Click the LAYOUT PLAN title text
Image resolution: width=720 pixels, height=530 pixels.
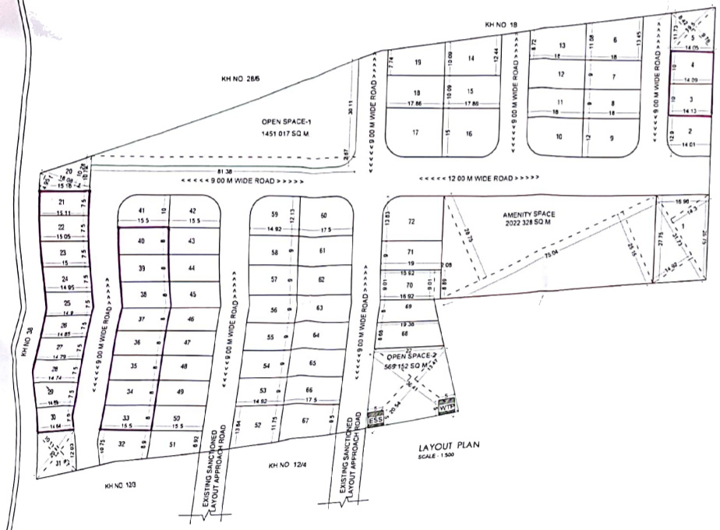[x=448, y=447]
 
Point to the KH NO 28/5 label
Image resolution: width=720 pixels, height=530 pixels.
[x=238, y=79]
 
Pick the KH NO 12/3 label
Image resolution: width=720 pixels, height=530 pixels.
[x=121, y=486]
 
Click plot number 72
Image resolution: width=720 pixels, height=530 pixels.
[x=411, y=222]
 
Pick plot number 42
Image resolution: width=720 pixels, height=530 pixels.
[x=192, y=210]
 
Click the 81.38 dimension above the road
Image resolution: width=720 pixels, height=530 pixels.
[x=226, y=170]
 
